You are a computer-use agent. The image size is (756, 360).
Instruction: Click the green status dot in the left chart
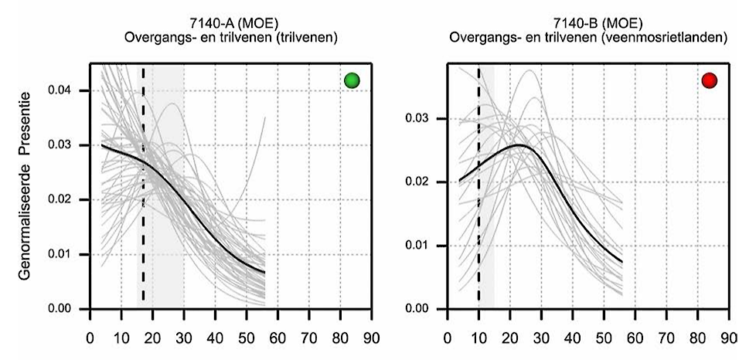click(352, 80)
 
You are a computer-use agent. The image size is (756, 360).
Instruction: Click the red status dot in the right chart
click(710, 80)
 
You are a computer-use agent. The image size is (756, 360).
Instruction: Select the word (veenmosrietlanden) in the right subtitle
click(675, 36)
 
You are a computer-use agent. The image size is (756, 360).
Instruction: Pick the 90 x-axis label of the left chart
click(372, 338)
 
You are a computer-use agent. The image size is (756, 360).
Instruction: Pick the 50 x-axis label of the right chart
click(604, 338)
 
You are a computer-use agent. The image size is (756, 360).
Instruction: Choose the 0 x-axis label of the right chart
click(448, 338)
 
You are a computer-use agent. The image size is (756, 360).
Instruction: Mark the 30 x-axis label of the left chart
click(184, 338)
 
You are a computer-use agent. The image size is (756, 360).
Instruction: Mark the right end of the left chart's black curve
click(264, 272)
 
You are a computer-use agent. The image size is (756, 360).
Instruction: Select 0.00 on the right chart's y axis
click(424, 309)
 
